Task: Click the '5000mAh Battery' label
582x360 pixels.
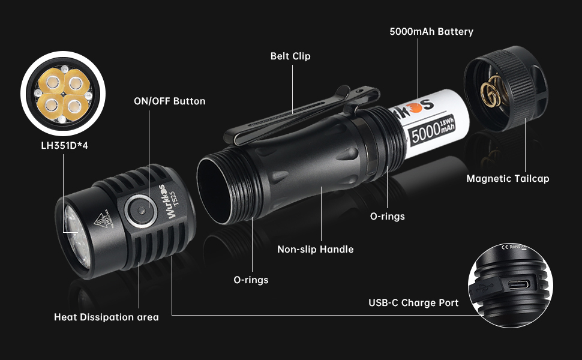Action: coord(431,31)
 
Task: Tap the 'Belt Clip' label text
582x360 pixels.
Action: coord(290,56)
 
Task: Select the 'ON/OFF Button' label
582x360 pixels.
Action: coord(169,101)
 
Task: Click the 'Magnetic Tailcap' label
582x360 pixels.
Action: coord(508,178)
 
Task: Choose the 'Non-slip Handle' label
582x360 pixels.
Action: coord(315,249)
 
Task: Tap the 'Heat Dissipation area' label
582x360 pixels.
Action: coord(106,317)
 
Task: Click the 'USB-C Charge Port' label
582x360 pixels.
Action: coord(413,302)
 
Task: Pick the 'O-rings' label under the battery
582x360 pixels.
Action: coord(387,216)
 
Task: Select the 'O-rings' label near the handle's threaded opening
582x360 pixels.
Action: coord(251,280)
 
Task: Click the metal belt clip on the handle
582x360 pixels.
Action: coord(300,111)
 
